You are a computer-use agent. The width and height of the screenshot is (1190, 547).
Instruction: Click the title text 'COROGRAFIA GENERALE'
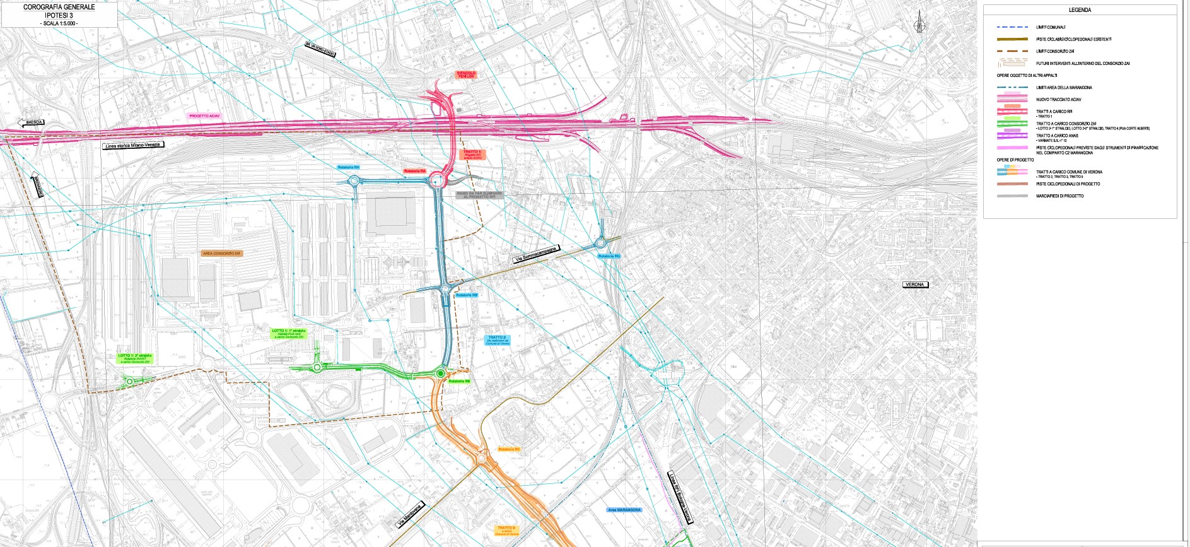(59, 7)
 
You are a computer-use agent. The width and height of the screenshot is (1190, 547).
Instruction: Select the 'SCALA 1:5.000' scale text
(59, 23)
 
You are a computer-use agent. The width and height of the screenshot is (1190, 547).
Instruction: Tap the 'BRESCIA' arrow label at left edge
(31, 122)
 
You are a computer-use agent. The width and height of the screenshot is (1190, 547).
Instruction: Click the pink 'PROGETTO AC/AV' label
(204, 116)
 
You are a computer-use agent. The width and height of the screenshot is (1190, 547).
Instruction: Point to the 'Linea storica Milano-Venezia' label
(133, 145)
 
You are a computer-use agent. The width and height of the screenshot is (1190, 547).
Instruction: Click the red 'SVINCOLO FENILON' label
(466, 74)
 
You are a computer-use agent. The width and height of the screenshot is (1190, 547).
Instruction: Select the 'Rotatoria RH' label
(348, 167)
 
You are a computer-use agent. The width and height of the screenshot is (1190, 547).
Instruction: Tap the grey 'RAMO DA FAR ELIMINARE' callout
(479, 196)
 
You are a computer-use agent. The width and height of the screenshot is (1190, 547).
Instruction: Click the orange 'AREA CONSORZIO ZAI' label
(221, 254)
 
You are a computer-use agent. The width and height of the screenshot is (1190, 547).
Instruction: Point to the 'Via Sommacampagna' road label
(535, 254)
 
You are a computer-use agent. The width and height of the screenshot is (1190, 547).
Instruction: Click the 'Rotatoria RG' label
(609, 256)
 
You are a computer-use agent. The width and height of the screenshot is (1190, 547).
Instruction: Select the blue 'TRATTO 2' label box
(497, 340)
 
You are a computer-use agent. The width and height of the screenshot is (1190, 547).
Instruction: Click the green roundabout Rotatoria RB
(440, 374)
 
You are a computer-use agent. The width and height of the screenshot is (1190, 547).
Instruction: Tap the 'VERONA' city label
(914, 285)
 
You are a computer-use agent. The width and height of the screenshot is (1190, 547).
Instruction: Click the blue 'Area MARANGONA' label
(624, 510)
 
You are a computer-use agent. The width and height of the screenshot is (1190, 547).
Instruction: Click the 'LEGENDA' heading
(1080, 10)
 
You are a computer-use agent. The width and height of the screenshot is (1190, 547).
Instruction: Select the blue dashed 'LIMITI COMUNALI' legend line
(1012, 27)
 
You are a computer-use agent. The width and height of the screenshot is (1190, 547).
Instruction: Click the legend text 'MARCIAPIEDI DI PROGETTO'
(1059, 196)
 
